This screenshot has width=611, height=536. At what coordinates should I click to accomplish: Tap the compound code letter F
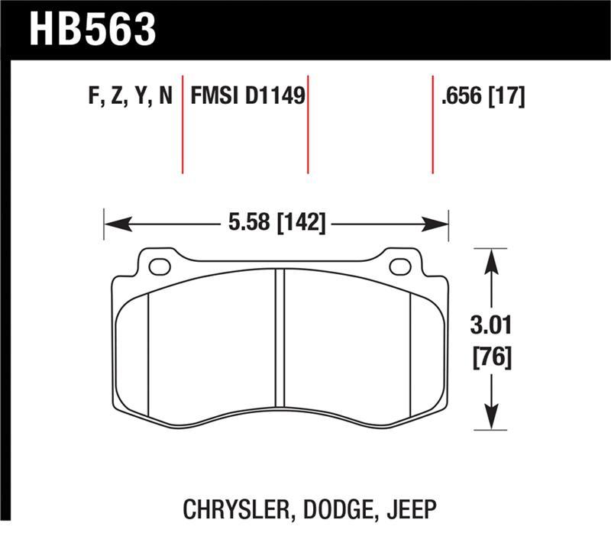pyautogui.click(x=94, y=97)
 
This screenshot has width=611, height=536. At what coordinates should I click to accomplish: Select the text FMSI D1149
pyautogui.click(x=247, y=97)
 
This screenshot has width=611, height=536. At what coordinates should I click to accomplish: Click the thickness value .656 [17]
pyautogui.click(x=482, y=97)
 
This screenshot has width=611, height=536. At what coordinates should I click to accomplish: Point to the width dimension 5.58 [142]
pyautogui.click(x=276, y=224)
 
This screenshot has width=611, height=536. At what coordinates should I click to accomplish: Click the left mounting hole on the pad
pyautogui.click(x=160, y=266)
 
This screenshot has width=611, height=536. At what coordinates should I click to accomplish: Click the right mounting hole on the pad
pyautogui.click(x=400, y=266)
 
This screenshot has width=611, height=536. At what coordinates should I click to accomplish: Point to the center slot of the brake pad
pyautogui.click(x=280, y=340)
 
